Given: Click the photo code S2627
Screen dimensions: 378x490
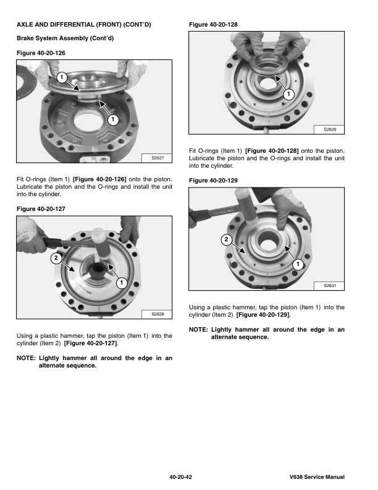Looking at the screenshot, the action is coord(158,158).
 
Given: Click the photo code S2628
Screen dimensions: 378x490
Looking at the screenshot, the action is coord(158,314).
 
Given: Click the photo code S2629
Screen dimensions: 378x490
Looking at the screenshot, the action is coord(330,129).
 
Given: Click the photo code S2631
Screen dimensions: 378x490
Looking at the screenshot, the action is coord(330,286).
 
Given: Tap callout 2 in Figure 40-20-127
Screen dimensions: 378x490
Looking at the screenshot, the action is coord(56,258).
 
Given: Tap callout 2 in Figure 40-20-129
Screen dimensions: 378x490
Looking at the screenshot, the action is coord(227,239).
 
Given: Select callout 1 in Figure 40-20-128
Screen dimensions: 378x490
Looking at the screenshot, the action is coord(289,94).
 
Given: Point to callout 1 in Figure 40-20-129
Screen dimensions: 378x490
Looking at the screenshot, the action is coord(298,264).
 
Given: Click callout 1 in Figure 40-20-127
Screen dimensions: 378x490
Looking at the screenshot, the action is coord(122,283).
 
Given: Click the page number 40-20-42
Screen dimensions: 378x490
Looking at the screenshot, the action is coord(180,477).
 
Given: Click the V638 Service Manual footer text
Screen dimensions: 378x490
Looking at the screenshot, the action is coord(317,477).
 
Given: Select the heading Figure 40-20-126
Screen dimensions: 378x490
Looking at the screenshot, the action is coord(41,53).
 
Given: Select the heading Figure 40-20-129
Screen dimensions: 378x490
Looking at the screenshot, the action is coord(213,181).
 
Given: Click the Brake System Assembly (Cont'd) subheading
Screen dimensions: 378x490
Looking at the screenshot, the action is coord(65,38).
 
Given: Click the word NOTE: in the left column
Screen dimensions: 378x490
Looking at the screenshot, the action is coord(26,358).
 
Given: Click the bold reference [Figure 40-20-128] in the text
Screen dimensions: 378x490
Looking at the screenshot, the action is coord(272,151).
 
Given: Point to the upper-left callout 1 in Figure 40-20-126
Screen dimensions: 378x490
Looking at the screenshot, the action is coord(62,77).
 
